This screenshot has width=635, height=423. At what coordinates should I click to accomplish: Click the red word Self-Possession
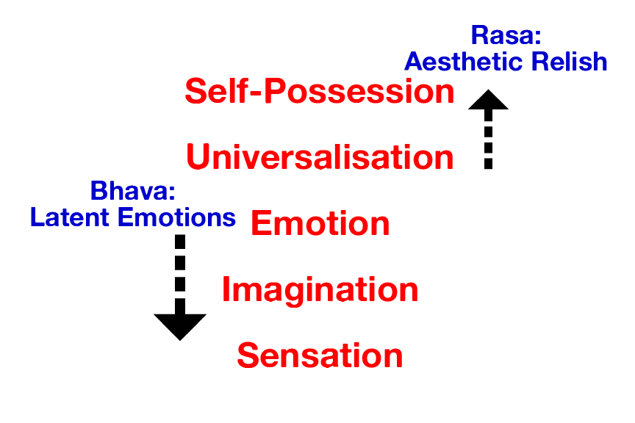point(319,92)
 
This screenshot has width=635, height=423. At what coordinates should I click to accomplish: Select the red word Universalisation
point(319,157)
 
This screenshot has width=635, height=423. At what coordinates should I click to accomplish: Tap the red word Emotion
point(320,223)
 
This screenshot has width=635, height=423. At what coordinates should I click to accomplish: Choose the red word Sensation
point(320,356)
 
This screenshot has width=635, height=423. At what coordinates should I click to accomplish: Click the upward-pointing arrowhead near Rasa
point(488,99)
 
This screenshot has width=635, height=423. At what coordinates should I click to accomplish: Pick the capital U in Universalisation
point(199,157)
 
